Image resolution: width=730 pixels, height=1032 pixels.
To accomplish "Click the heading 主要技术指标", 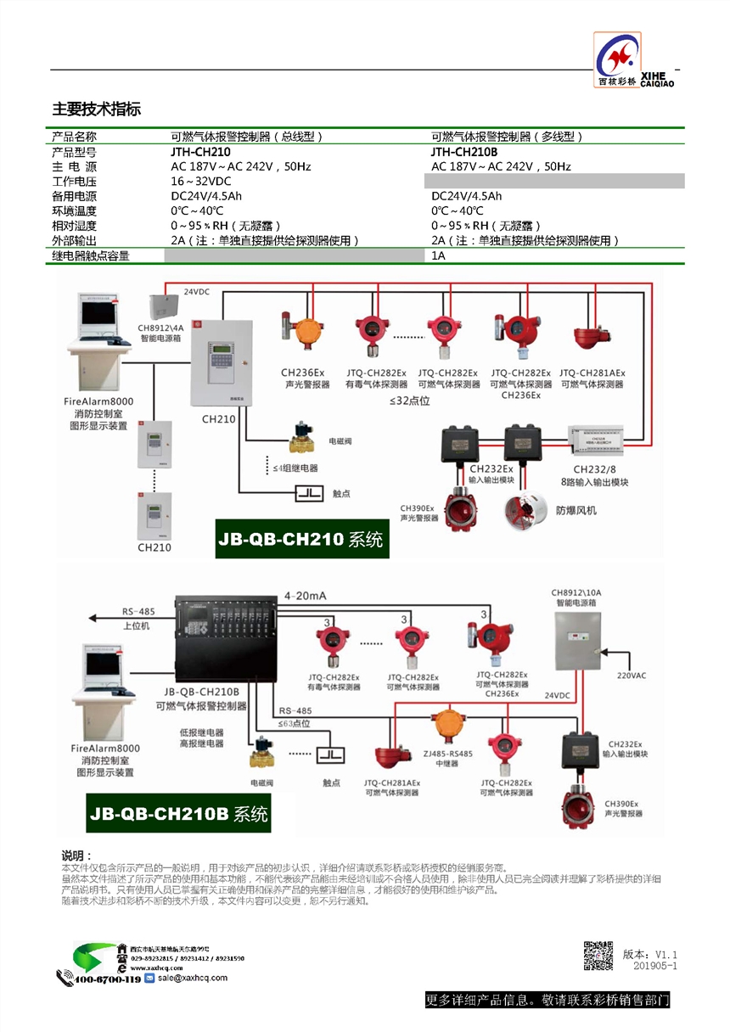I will [x=97, y=109].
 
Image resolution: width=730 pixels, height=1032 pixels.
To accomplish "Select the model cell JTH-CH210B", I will [x=464, y=152].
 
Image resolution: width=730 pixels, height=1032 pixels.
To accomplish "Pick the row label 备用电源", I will [x=75, y=196].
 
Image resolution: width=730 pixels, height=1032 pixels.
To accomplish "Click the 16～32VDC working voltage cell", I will [x=201, y=182].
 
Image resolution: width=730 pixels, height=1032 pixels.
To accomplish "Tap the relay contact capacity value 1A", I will [x=438, y=255].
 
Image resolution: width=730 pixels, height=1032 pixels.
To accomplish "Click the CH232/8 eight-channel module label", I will [x=600, y=468].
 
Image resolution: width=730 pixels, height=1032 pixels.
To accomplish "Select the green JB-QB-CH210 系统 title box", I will [x=302, y=539].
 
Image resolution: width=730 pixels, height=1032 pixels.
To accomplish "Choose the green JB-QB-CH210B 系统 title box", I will [x=178, y=814].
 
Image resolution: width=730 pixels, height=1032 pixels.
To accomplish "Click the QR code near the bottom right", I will [x=598, y=956].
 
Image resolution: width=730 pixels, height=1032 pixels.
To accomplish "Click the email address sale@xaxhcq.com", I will [x=192, y=978].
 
